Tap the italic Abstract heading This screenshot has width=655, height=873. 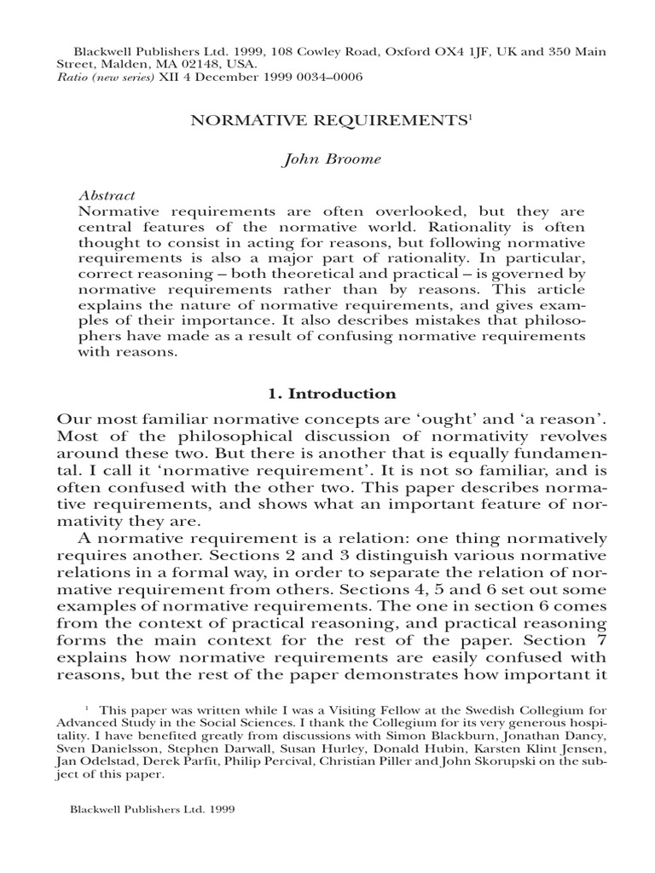coord(107,194)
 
